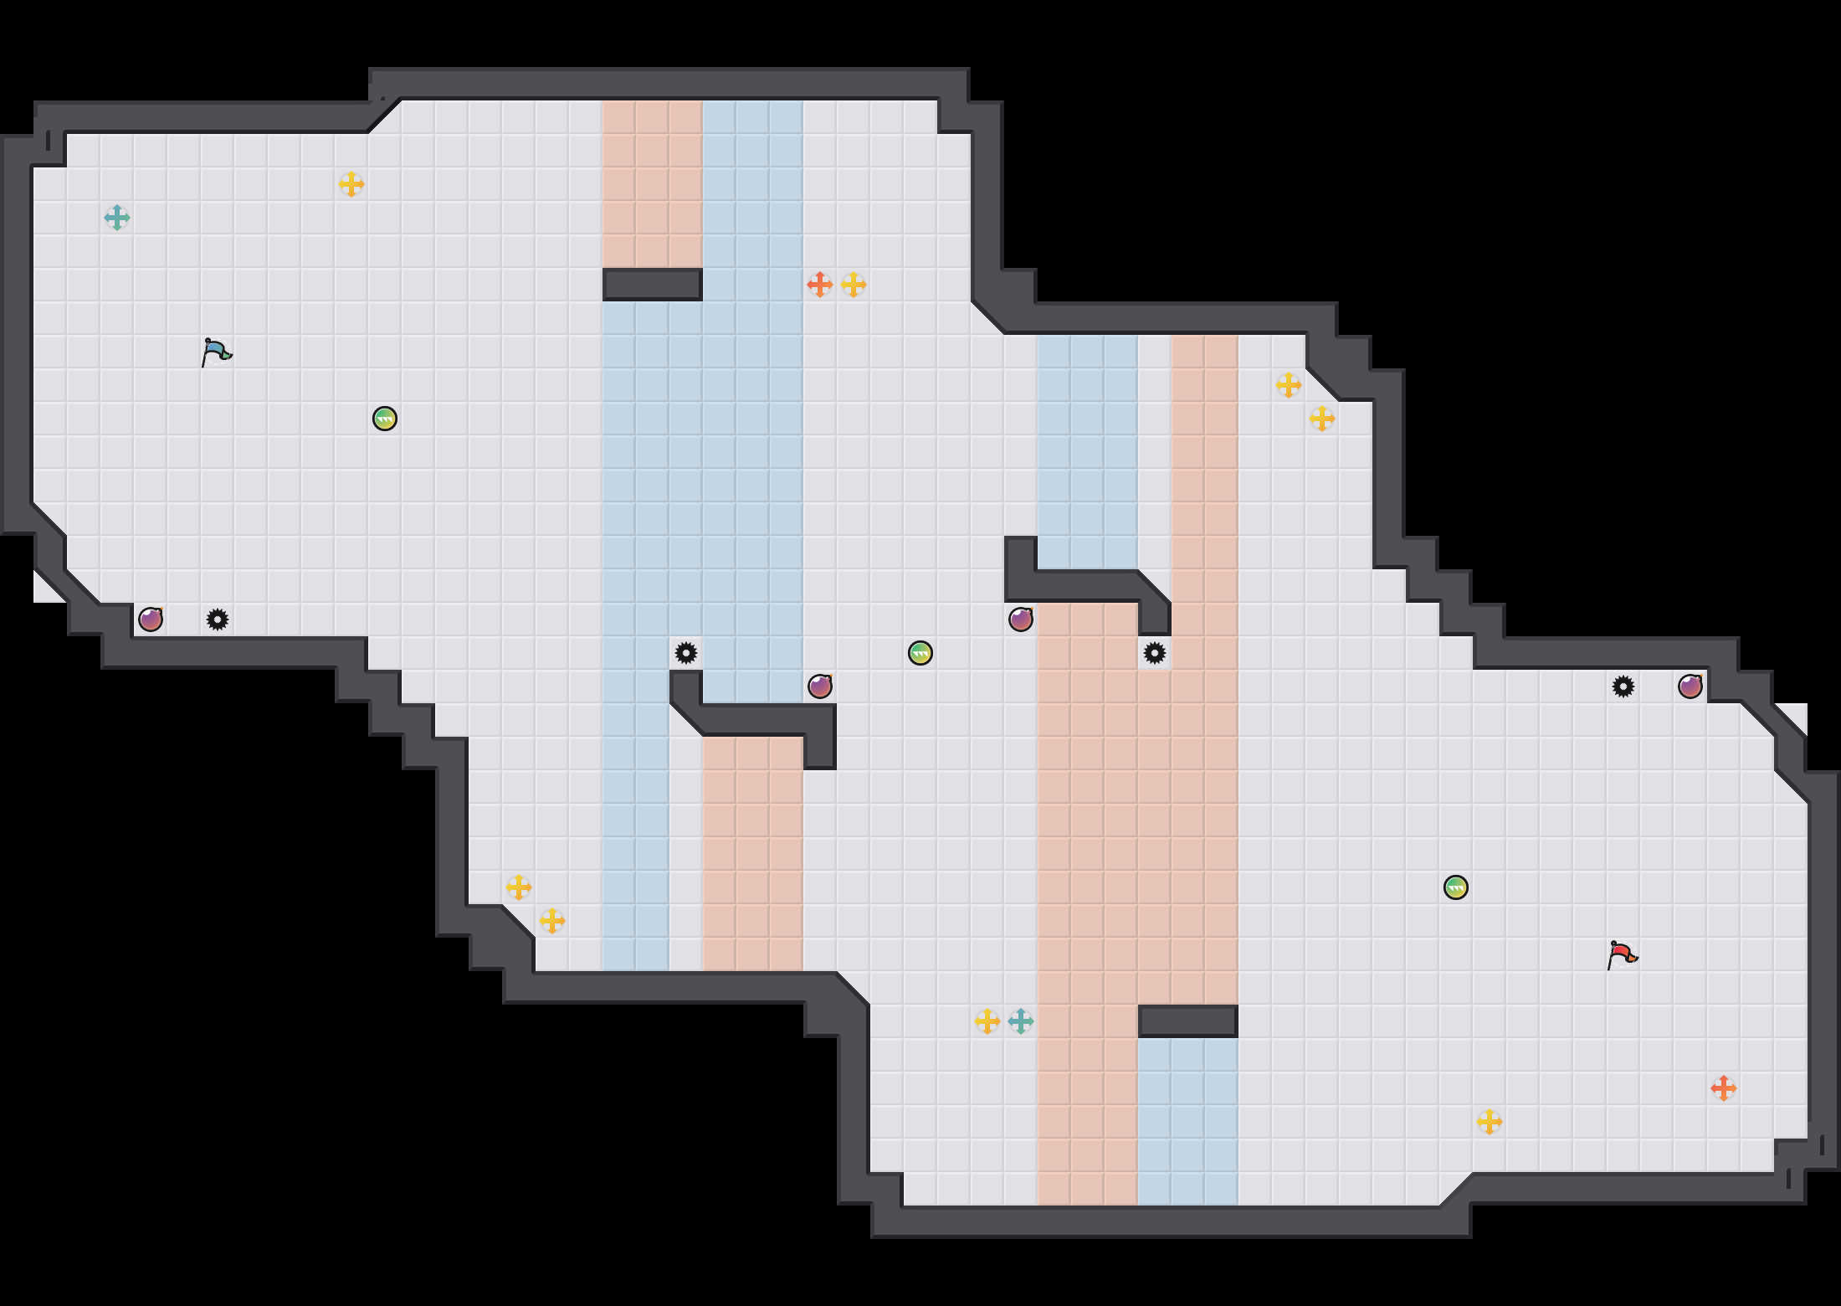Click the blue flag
216,352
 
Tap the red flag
1622,955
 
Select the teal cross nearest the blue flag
117,218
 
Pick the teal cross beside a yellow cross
1021,1021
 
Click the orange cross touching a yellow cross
820,285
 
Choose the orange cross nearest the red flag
1724,1088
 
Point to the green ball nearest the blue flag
385,419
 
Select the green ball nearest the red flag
1456,887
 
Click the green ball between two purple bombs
920,653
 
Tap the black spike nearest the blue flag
218,620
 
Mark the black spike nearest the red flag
1623,686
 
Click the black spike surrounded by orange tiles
1155,653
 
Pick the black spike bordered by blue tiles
686,653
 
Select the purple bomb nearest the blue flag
151,620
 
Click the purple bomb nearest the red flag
1690,686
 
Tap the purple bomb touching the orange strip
1021,620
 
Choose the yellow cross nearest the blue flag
351,184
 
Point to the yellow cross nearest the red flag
1490,1122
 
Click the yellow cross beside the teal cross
987,1021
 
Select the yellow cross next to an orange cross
854,285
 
